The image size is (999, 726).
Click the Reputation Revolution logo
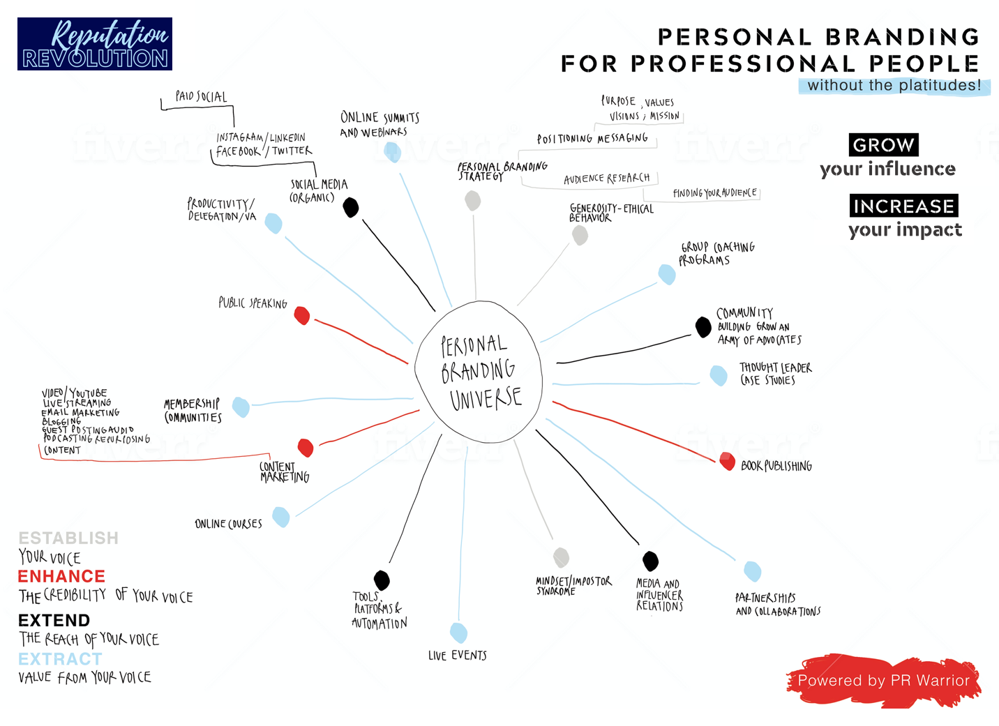(x=95, y=44)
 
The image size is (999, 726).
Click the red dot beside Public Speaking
(x=302, y=316)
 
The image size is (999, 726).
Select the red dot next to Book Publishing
(x=728, y=461)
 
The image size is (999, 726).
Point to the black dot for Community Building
(x=703, y=326)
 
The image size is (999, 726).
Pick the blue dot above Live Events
(x=458, y=633)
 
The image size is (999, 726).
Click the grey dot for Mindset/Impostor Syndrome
(x=562, y=557)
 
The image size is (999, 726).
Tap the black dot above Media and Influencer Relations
(x=651, y=561)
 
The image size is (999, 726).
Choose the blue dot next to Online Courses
(x=281, y=517)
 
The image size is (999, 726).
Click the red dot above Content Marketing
(x=306, y=447)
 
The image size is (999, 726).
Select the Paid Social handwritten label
(x=201, y=96)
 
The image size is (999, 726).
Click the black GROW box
(x=883, y=145)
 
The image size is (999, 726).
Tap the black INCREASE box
(x=903, y=206)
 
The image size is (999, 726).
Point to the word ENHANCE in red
(x=61, y=576)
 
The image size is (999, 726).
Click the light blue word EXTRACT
(x=60, y=659)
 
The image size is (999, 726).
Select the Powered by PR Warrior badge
(x=883, y=681)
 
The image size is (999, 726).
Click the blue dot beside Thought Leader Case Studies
(x=719, y=375)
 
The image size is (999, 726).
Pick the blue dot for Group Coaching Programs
(x=667, y=274)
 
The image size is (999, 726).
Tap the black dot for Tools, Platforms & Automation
(x=382, y=580)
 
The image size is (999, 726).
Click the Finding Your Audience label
(x=714, y=192)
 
